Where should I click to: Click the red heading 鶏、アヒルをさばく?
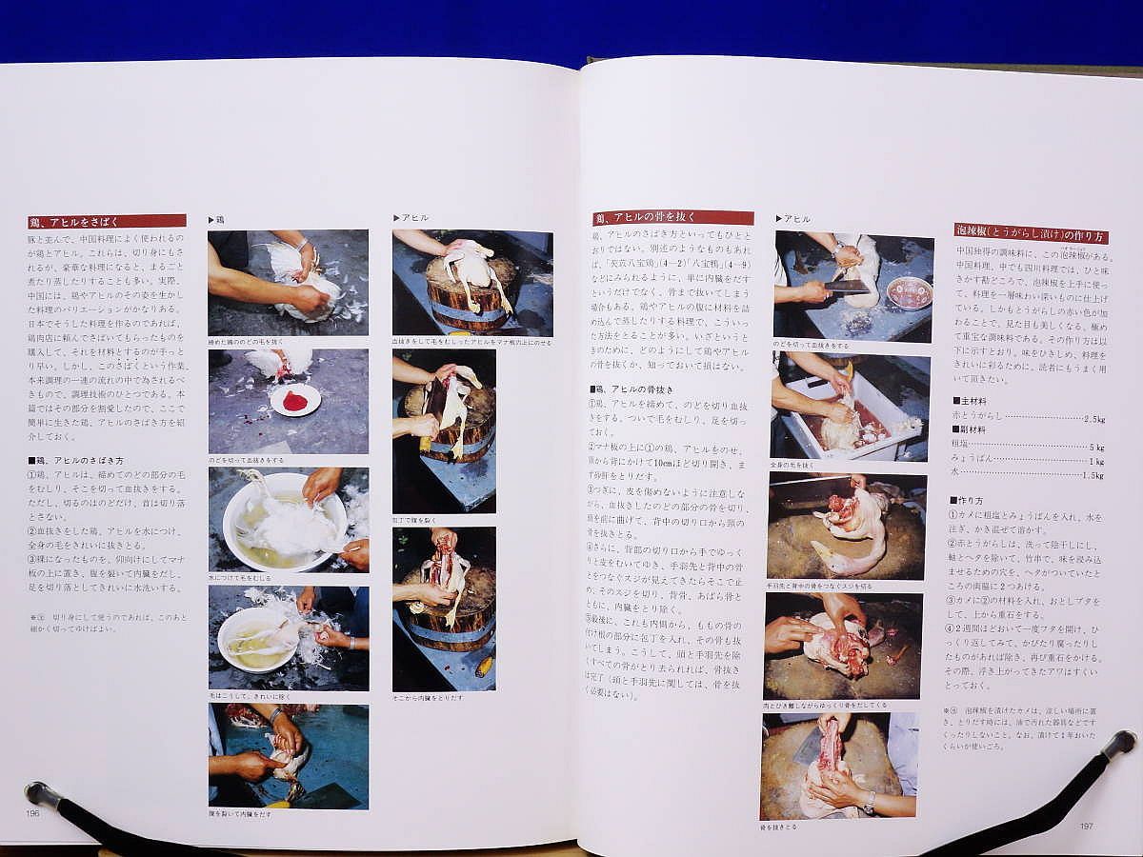tap(106, 222)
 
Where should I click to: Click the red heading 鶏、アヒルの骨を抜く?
tap(672, 218)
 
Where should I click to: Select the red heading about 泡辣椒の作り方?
tap(1030, 233)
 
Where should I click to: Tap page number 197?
tap(1086, 825)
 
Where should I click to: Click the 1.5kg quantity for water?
tap(1092, 474)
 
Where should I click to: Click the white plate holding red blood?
tap(295, 400)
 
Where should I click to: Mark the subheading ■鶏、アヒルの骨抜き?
tap(632, 389)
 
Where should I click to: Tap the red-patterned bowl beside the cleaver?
tap(909, 292)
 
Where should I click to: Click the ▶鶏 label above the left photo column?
tap(216, 219)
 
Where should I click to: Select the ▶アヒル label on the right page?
tap(792, 219)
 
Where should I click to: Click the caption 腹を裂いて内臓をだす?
tap(240, 814)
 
